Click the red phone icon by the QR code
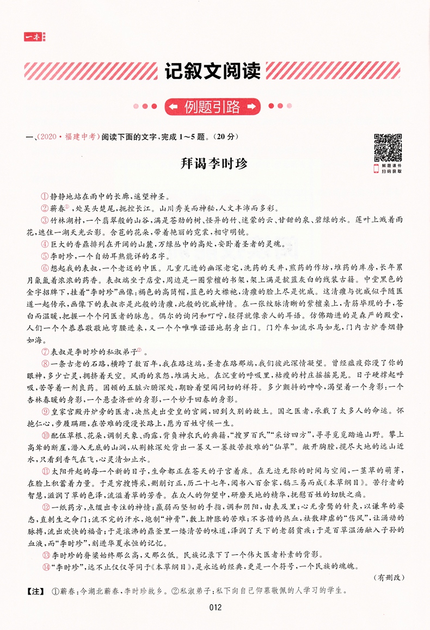376,169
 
